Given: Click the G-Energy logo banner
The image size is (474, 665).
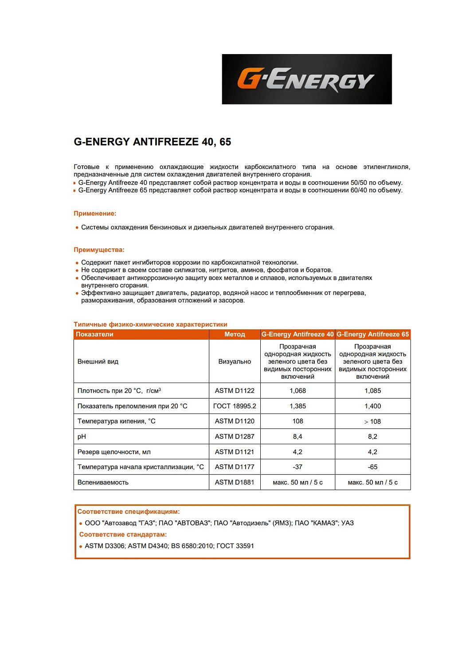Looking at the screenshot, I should [306, 79].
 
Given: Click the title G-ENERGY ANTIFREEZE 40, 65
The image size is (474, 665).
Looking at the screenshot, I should [152, 142].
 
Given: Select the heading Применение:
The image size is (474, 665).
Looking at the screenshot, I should [95, 213].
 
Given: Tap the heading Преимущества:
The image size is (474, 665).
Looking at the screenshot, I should [99, 250].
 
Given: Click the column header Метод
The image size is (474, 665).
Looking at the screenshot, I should [235, 334].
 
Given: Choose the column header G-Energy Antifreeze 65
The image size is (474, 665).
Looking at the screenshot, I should [372, 334].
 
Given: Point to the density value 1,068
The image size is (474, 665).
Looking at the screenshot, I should [298, 391].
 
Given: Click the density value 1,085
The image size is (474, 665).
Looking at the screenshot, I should [372, 391].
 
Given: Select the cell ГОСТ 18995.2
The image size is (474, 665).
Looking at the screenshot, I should [235, 406].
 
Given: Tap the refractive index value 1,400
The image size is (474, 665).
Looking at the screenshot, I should [372, 406].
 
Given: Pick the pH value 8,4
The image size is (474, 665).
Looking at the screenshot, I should [298, 437].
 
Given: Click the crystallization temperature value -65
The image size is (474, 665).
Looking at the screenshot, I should [372, 467].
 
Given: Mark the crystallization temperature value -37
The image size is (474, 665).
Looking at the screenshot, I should [298, 467].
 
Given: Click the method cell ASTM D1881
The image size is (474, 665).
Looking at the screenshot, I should [235, 482].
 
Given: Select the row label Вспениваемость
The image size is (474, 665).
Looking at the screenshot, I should [103, 482].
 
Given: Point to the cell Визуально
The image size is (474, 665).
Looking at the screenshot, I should [235, 362].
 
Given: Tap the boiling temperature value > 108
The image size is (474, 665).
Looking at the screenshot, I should [372, 422].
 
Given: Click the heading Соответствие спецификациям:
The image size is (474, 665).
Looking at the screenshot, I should [129, 512].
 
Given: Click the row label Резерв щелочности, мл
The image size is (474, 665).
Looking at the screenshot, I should [114, 452].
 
